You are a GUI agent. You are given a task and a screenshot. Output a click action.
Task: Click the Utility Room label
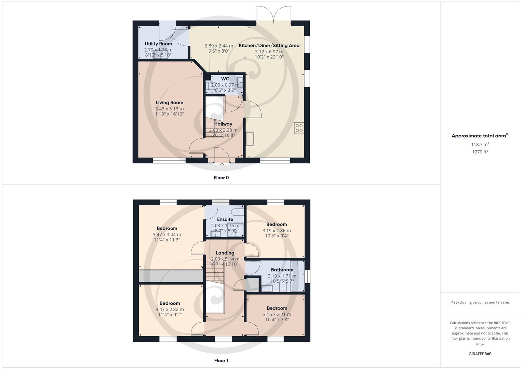[158, 44]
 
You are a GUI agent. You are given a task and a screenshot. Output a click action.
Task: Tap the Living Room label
[170, 102]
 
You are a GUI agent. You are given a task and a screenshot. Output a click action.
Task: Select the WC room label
[225, 79]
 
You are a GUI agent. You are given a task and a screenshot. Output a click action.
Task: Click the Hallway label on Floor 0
[223, 124]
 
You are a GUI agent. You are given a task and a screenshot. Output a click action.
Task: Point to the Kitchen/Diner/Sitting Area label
[269, 45]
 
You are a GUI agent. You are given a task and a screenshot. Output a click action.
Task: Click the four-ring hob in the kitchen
[299, 128]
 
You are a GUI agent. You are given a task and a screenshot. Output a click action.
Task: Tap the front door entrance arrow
[222, 165]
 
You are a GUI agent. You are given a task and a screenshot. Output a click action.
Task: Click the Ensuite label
[225, 219]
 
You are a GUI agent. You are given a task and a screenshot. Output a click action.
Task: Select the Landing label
[225, 253]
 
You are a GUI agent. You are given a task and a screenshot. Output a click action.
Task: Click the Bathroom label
[282, 270]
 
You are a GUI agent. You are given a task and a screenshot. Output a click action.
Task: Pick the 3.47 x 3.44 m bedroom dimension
[167, 235]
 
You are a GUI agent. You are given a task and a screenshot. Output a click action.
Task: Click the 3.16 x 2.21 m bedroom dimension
[277, 315]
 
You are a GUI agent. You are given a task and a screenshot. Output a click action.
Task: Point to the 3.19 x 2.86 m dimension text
[277, 231]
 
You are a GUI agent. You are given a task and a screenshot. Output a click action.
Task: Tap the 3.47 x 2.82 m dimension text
[170, 310]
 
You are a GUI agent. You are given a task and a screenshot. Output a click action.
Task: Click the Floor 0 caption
[221, 178]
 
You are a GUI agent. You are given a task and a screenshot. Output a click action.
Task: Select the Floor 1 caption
[221, 360]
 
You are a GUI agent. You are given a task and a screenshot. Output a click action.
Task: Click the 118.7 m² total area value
[480, 145]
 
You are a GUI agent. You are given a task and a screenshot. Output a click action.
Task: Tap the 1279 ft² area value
[480, 152]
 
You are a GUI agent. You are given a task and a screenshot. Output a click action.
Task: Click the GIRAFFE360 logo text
[480, 354]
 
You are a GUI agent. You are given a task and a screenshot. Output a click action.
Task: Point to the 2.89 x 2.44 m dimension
[219, 46]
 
